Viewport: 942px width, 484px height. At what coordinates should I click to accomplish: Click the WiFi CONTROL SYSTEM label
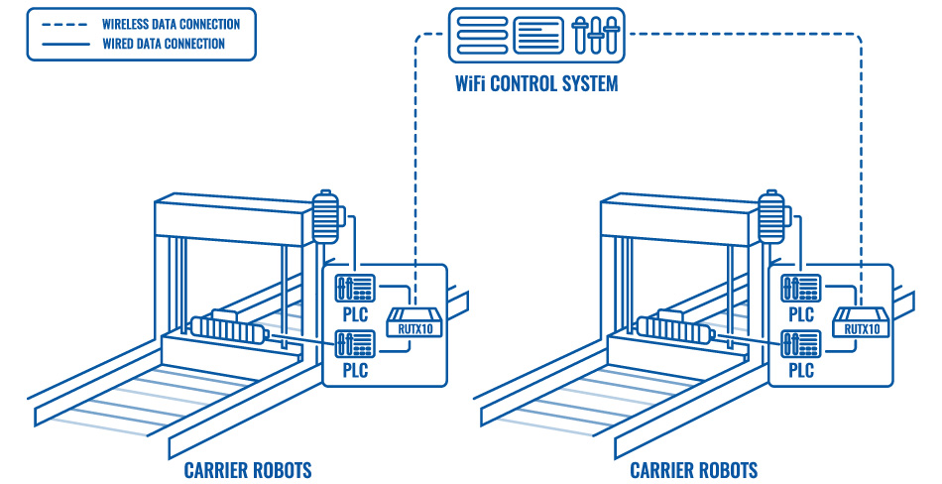click(536, 82)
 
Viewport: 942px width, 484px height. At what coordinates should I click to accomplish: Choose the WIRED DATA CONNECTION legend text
click(164, 44)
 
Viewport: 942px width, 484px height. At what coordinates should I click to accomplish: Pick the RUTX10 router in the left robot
click(410, 322)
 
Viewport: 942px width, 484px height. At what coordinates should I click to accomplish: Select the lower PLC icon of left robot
click(354, 344)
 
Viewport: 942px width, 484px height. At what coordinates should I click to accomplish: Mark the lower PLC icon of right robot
click(800, 344)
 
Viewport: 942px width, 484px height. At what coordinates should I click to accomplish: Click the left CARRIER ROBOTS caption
click(248, 470)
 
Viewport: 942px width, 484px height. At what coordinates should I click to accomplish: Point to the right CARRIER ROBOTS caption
click(694, 470)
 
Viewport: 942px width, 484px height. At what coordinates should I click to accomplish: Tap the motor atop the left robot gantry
click(325, 215)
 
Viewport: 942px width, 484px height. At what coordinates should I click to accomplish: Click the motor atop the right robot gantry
click(771, 215)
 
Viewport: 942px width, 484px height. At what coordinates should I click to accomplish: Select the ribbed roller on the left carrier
click(228, 328)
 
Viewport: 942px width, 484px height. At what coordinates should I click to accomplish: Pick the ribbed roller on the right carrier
click(674, 328)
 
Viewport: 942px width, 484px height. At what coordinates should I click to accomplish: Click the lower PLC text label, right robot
click(800, 370)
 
